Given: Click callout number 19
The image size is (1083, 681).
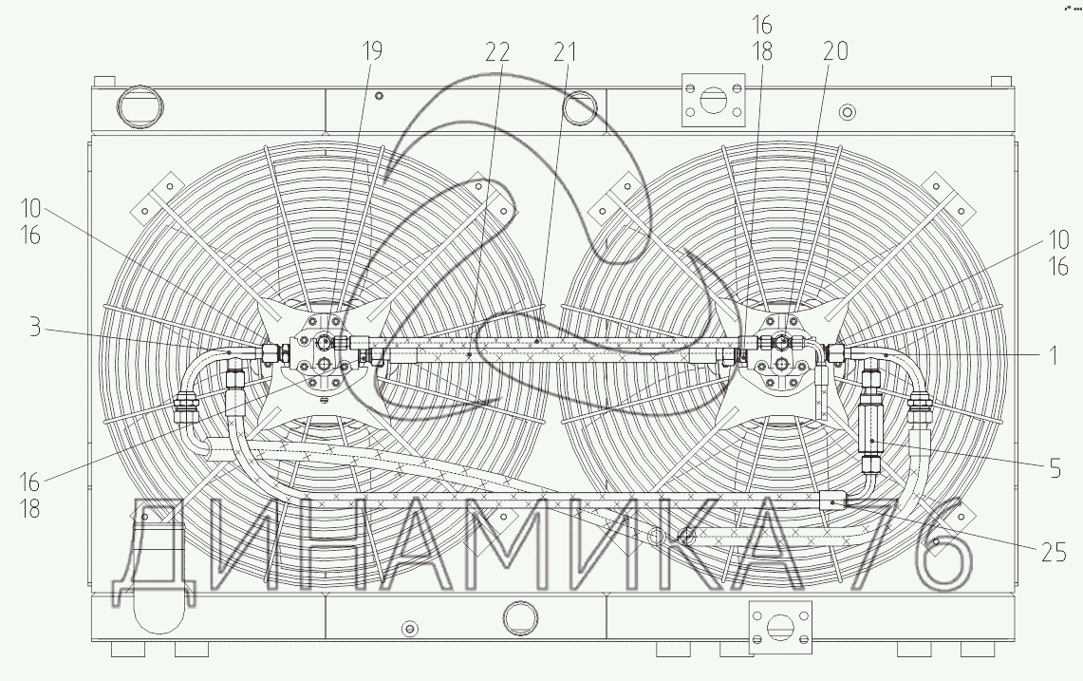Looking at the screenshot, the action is tap(371, 50).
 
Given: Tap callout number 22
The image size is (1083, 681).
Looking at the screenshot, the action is tap(497, 52).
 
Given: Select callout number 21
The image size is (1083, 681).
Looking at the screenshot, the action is tap(565, 52).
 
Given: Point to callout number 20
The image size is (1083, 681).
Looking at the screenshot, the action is tap(835, 50).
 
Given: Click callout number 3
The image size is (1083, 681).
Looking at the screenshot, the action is tap(34, 327).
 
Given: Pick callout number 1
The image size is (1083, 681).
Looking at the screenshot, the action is tap(1054, 355).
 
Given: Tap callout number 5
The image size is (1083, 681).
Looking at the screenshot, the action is tap(1055, 469).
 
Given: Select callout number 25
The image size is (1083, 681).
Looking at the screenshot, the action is tap(1054, 553).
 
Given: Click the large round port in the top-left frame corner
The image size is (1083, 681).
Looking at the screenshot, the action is tap(140, 107).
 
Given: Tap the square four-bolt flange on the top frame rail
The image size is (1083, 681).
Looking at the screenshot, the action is tap(714, 100).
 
